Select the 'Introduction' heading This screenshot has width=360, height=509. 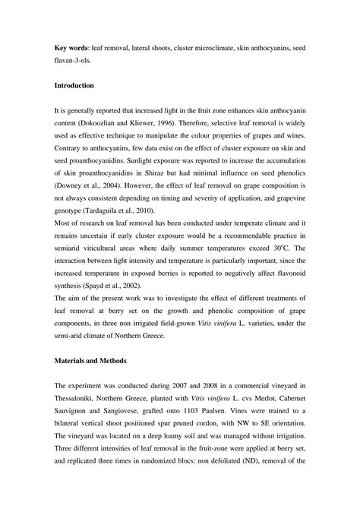click(80, 86)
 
